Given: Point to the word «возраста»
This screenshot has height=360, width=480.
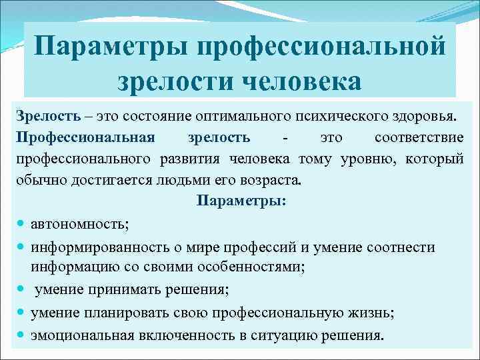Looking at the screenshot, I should click(x=274, y=181).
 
